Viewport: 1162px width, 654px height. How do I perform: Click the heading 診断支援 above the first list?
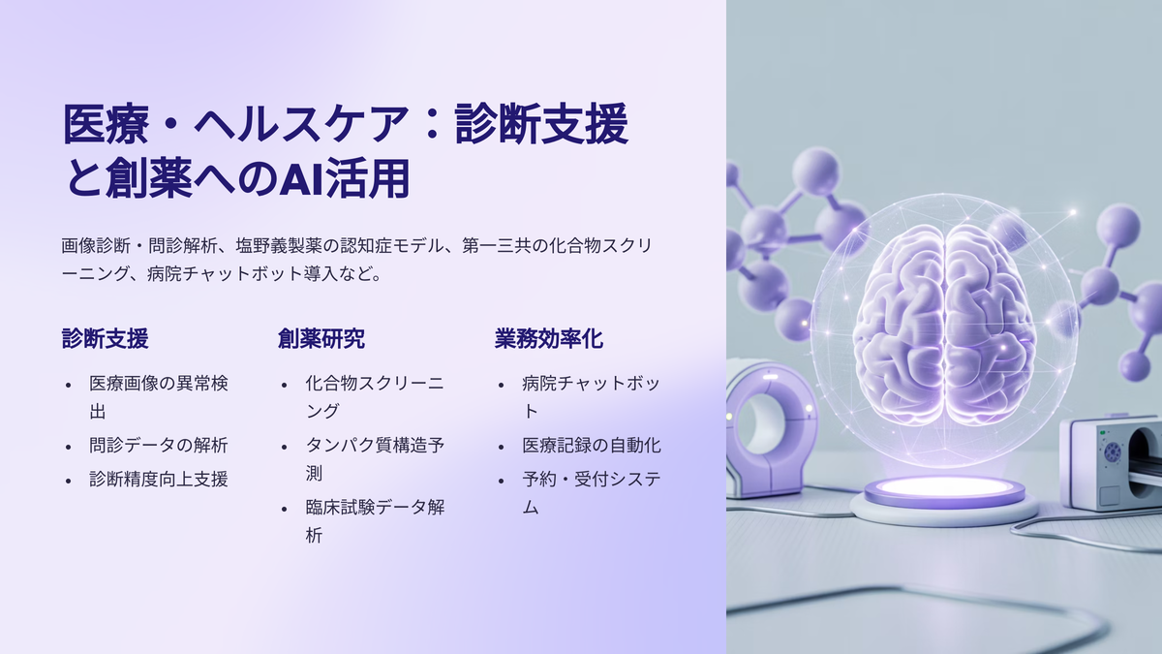[106, 338]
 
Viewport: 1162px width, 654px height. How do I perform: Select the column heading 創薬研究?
[321, 338]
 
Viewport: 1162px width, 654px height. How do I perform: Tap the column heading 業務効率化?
[549, 338]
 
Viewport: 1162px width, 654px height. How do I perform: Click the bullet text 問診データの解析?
[158, 446]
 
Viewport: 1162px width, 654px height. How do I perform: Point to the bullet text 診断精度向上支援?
[158, 479]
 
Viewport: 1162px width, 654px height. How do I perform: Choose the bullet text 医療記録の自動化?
[592, 446]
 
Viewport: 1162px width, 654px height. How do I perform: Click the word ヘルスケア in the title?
[301, 124]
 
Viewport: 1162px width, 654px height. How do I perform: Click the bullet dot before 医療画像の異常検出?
[68, 386]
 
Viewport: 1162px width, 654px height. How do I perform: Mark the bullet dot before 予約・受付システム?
[501, 481]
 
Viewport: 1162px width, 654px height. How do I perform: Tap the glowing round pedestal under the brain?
[944, 497]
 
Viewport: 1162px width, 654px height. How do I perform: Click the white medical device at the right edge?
[1110, 463]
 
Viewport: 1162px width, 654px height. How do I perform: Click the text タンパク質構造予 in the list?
[375, 446]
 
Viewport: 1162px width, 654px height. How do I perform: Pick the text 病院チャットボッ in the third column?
[592, 383]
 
